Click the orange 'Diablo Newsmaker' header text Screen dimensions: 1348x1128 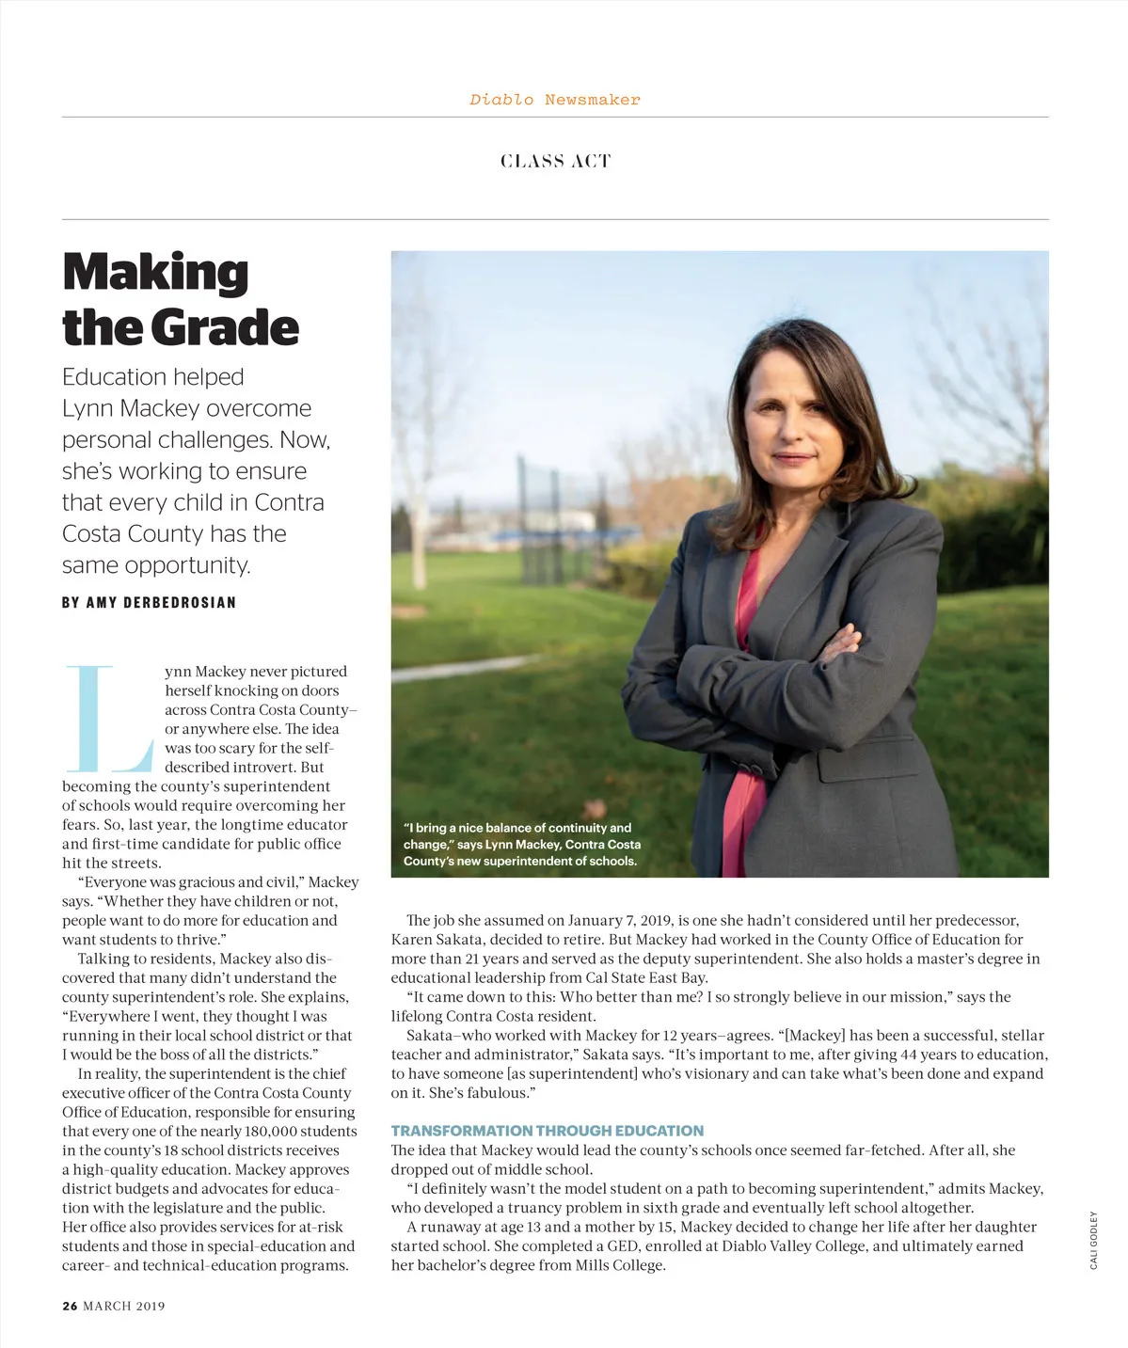point(555,100)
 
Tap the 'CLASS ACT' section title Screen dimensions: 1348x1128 point(555,161)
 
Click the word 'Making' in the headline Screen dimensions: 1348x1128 point(155,273)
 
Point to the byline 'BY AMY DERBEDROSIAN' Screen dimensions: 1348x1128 point(149,602)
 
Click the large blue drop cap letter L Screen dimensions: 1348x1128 point(106,717)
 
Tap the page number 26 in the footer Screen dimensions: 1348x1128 point(70,1306)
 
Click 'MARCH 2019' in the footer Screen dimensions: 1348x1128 point(124,1306)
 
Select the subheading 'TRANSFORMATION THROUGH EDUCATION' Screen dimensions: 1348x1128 point(547,1131)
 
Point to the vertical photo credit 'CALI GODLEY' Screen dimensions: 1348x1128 point(1093,1240)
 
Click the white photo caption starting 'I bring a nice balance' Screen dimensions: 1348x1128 point(521,844)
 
